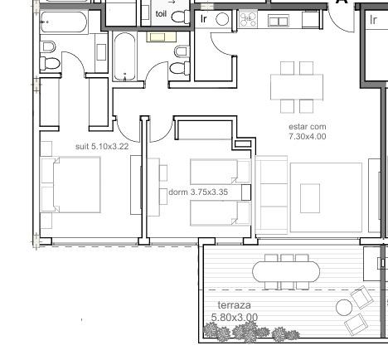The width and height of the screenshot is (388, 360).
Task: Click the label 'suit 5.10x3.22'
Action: pos(102,146)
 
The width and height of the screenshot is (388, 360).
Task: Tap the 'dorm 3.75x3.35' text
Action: pos(198,192)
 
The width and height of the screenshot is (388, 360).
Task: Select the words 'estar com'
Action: pos(308,127)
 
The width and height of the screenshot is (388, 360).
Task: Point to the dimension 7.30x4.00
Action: pos(308,136)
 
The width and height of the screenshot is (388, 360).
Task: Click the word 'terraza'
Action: pos(235,305)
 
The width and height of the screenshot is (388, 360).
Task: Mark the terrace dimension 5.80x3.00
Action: pos(235,317)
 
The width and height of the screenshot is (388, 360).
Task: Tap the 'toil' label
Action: pos(161,13)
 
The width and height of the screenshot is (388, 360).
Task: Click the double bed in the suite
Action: pos(77,185)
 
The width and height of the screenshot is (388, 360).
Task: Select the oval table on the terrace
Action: pos(286,271)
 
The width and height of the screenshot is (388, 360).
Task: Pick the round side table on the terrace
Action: pos(344,308)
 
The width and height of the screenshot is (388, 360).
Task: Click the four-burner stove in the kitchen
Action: pos(248,19)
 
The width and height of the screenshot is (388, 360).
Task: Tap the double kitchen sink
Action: pos(279,21)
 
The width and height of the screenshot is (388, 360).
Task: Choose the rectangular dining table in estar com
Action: pos(297,87)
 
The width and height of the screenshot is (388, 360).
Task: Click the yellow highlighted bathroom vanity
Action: pos(161,37)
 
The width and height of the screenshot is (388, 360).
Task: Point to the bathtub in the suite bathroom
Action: pos(64,22)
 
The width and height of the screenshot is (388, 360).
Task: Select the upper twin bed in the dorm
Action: pos(221,172)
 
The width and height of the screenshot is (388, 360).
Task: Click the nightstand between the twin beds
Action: pos(246,192)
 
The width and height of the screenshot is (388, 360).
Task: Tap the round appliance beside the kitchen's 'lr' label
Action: pos(222,20)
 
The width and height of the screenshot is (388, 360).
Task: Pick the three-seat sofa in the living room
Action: pos(271,195)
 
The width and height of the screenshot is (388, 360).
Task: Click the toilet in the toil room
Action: pos(181,17)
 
